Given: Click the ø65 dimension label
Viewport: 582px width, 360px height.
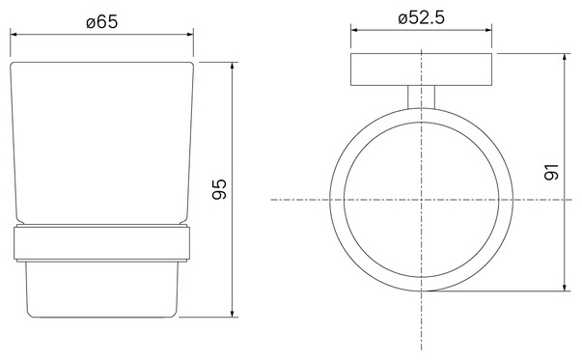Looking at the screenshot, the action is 102,21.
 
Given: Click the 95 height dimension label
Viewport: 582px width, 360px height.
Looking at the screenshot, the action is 219,189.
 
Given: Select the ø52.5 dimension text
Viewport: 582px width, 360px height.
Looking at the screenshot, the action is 421,17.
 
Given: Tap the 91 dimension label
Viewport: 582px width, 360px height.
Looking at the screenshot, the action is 551,172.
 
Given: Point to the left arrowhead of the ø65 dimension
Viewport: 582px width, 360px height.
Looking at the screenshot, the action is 14,35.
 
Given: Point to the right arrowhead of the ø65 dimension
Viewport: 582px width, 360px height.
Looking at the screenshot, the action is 190,35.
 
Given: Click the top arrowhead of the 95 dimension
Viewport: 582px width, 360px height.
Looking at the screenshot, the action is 233,66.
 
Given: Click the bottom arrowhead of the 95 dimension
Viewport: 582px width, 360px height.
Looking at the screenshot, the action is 233,314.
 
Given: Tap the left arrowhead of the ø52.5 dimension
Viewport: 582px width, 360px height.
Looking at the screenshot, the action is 354,30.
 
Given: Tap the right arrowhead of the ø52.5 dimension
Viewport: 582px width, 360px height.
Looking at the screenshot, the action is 488,30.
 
